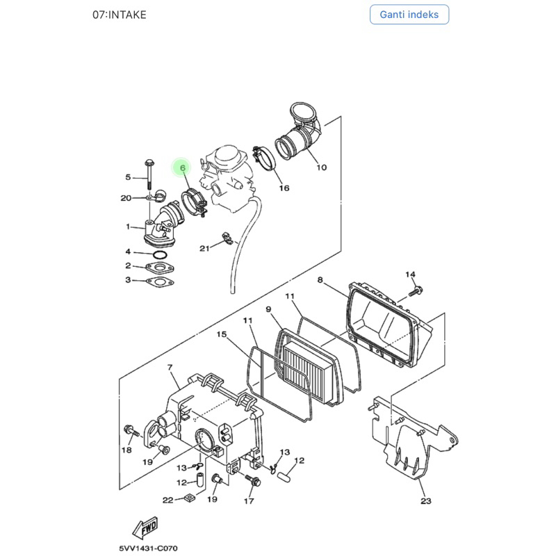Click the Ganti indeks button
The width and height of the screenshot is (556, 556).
click(x=409, y=15)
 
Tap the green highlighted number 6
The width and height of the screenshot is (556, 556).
click(x=183, y=167)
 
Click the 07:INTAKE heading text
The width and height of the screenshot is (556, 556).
click(x=120, y=15)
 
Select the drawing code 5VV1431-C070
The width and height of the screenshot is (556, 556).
click(x=148, y=548)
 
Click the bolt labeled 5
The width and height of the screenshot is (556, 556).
click(x=149, y=174)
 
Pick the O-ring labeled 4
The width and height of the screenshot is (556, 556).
click(x=160, y=255)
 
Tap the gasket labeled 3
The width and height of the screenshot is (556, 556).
click(x=160, y=282)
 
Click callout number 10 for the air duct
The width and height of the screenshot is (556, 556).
click(x=322, y=167)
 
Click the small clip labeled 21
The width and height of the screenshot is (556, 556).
click(x=227, y=238)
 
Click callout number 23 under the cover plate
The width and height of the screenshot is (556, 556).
click(x=426, y=500)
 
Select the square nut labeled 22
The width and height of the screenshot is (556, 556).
click(x=190, y=498)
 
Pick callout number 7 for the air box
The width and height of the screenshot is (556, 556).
click(x=170, y=368)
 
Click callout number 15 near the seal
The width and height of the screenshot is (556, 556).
click(x=222, y=334)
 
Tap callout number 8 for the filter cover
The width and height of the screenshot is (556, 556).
click(x=320, y=280)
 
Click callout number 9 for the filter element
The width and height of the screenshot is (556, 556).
click(x=268, y=309)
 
